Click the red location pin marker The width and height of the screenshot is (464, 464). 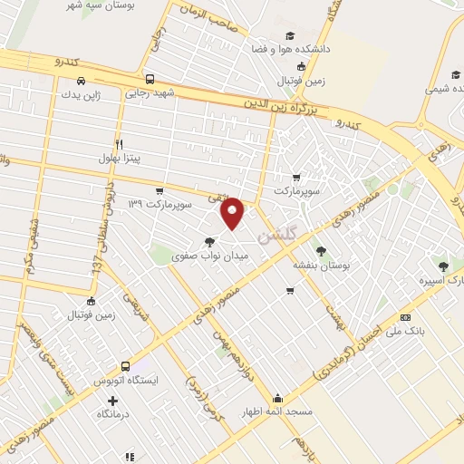(233, 213)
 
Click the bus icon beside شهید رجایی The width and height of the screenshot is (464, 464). (150, 78)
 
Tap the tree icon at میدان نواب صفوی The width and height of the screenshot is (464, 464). (210, 241)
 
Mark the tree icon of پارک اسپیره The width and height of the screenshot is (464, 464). (443, 266)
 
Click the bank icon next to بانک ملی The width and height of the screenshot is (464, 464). (405, 317)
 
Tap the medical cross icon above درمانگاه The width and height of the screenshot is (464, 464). (112, 401)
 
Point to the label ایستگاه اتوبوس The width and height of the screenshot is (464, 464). (126, 381)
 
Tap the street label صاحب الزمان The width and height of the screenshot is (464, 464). (216, 22)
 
